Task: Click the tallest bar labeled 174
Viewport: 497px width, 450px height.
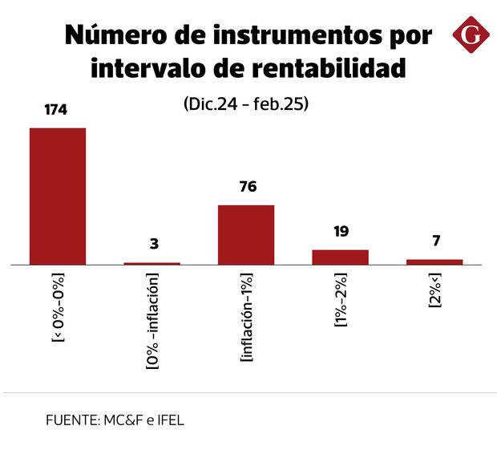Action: [x=58, y=196]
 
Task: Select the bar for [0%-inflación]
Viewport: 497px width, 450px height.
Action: [x=152, y=263]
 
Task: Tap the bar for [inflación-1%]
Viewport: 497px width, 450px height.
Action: [x=246, y=234]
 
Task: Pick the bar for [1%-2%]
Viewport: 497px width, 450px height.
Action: [x=340, y=257]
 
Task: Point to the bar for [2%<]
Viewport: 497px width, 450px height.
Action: [x=434, y=261]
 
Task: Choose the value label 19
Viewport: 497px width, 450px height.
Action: [x=341, y=233]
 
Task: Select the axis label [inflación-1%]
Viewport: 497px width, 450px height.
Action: [x=247, y=318]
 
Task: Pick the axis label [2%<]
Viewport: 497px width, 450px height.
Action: [x=434, y=293]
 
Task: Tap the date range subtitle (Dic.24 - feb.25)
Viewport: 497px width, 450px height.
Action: [x=247, y=104]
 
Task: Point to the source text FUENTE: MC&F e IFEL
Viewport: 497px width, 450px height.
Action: [x=115, y=420]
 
